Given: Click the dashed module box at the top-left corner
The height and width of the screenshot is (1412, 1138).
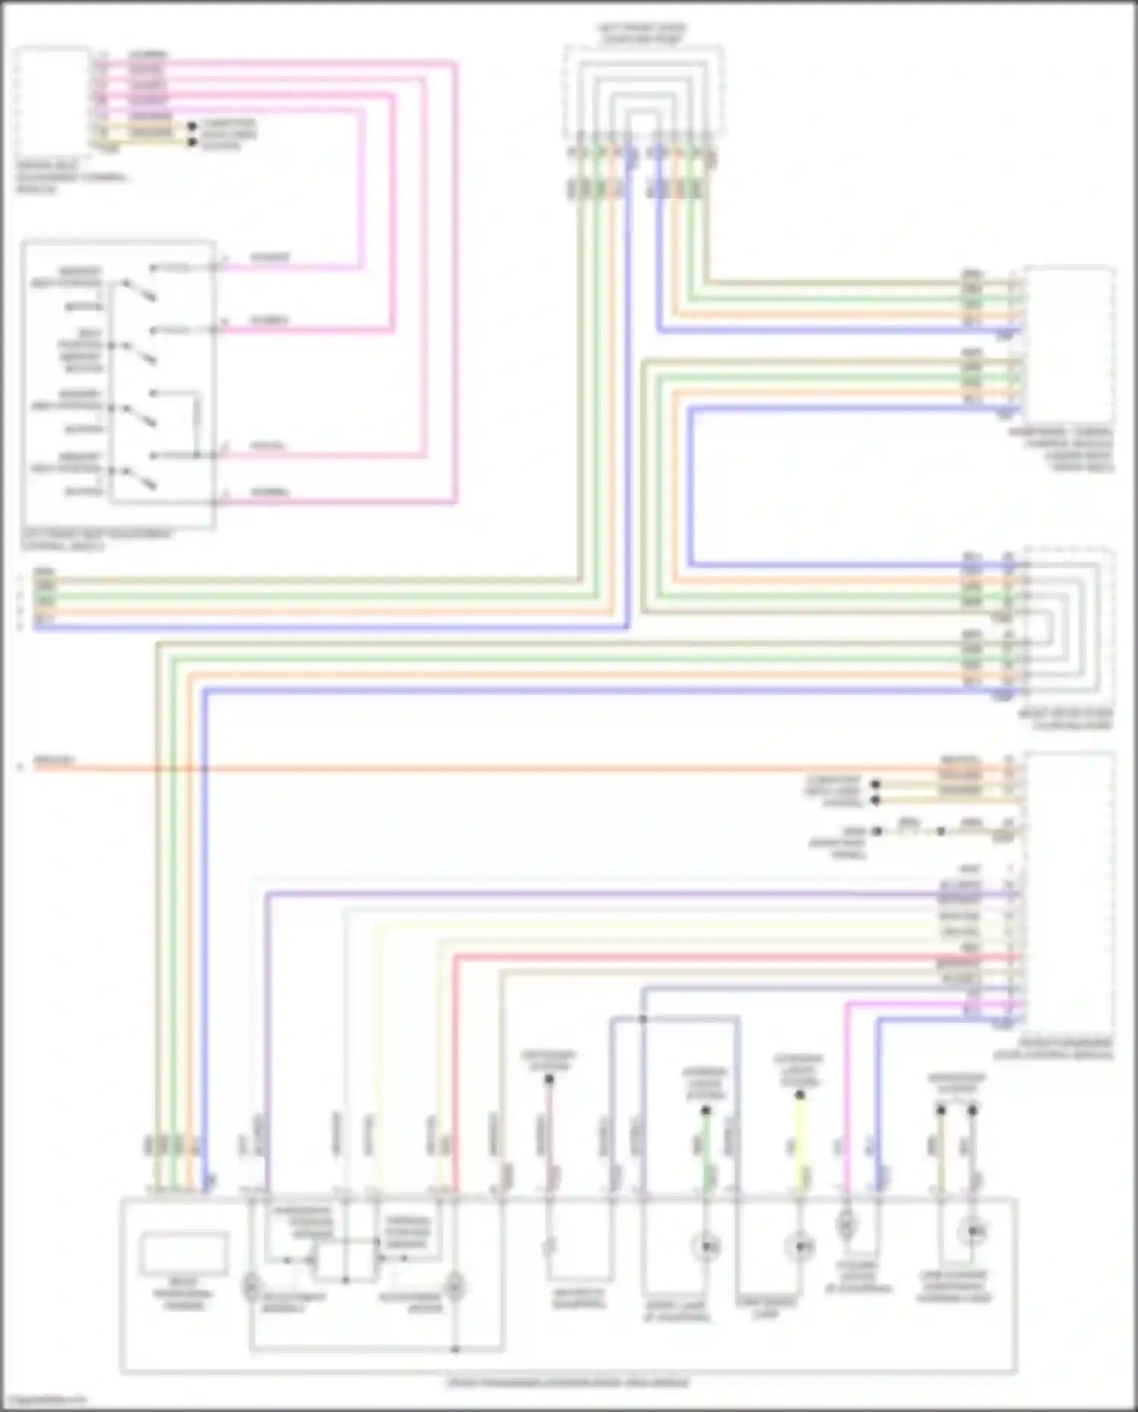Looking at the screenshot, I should [53, 102].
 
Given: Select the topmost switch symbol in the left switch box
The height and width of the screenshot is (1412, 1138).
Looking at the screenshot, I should [140, 291].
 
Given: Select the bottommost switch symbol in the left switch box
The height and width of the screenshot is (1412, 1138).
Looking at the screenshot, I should [140, 478].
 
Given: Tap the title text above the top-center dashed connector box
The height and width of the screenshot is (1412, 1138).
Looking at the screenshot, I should [642, 33].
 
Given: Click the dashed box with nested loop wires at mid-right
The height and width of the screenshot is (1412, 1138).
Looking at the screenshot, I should [1067, 626].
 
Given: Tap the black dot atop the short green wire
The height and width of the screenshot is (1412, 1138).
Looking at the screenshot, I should [706, 1111].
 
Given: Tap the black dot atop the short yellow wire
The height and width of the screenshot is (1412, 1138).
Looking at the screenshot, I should [799, 1096].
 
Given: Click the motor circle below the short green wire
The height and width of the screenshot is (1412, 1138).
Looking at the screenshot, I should [706, 1246].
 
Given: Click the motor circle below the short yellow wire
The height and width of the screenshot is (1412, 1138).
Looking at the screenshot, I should [799, 1246].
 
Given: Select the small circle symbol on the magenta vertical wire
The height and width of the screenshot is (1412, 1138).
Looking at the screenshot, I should [846, 1223].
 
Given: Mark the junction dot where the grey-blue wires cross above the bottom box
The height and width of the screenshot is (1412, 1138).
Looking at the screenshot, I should [643, 1019].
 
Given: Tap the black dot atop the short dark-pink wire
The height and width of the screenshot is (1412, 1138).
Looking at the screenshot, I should [549, 1079].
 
